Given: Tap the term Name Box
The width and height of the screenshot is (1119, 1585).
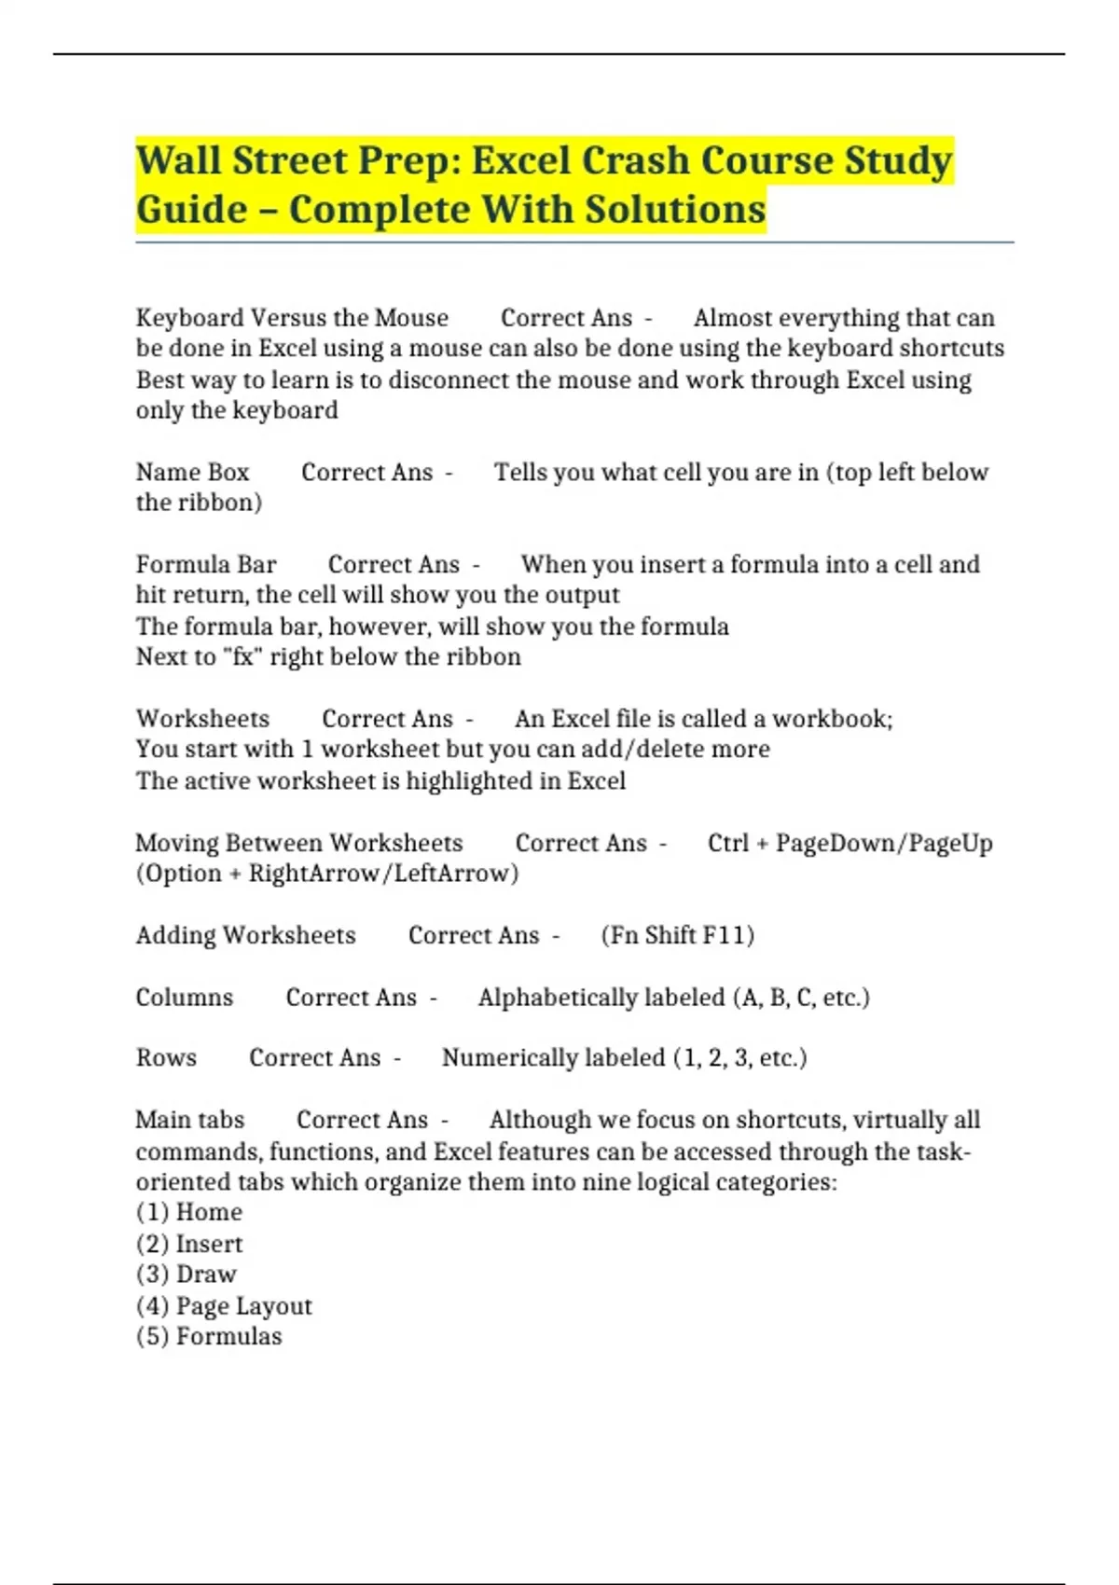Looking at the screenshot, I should pyautogui.click(x=192, y=473).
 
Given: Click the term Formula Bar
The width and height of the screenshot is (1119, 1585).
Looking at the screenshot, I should pyautogui.click(x=206, y=565).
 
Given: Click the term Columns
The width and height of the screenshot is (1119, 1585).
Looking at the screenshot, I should pyautogui.click(x=185, y=998).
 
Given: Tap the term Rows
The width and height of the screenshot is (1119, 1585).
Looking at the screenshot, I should pyautogui.click(x=166, y=1058).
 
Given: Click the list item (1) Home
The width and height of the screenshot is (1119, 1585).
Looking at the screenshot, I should pyautogui.click(x=189, y=1213).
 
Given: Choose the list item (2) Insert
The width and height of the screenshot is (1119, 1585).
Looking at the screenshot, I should pyautogui.click(x=189, y=1245).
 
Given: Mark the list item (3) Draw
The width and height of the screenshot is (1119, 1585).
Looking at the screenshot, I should pyautogui.click(x=186, y=1275).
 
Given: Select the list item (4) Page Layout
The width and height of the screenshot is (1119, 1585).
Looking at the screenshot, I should pyautogui.click(x=224, y=1306).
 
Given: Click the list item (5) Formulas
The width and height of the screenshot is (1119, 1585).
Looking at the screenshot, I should pyautogui.click(x=209, y=1337).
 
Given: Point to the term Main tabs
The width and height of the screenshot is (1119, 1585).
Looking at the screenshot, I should pyautogui.click(x=189, y=1120).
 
